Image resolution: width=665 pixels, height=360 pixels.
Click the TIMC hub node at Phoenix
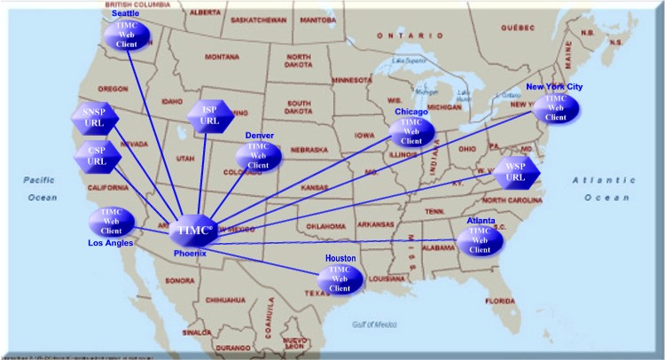[x=192, y=231]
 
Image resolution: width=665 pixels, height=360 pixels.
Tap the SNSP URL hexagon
[x=94, y=119]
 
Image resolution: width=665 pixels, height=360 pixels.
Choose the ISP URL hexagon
[x=209, y=115]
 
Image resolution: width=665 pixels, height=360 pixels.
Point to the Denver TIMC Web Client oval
[x=258, y=156]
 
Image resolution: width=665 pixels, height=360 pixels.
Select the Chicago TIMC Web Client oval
[x=411, y=131]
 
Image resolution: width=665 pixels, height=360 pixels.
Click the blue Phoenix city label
[x=190, y=253]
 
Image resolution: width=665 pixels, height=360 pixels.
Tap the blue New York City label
[x=554, y=87]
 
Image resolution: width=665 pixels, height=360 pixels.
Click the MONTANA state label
[x=223, y=57]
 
